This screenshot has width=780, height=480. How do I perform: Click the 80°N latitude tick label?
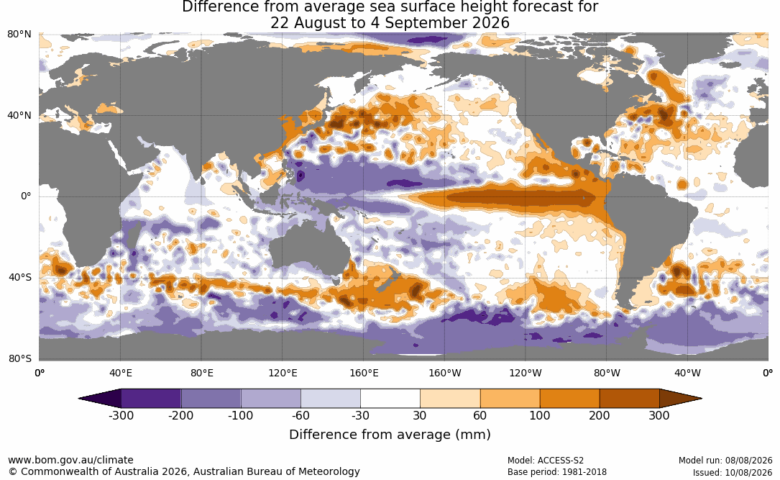(19, 35)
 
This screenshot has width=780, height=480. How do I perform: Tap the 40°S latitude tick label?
(20, 277)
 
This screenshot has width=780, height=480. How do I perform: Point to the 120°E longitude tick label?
(283, 373)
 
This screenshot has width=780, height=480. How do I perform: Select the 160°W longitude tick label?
(445, 373)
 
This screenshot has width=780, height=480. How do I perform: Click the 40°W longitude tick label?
(688, 373)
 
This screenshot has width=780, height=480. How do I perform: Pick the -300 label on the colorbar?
(121, 415)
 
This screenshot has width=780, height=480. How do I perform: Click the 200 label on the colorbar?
(600, 415)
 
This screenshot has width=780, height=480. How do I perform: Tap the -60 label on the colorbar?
(300, 415)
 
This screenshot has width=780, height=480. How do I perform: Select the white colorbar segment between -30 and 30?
(390, 399)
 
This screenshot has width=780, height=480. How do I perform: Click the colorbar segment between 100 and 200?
(569, 399)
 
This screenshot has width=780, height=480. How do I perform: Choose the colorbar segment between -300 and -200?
(151, 399)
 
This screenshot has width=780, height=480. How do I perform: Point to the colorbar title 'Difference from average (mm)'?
(390, 435)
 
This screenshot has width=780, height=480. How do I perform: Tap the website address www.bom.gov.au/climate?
(70, 460)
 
